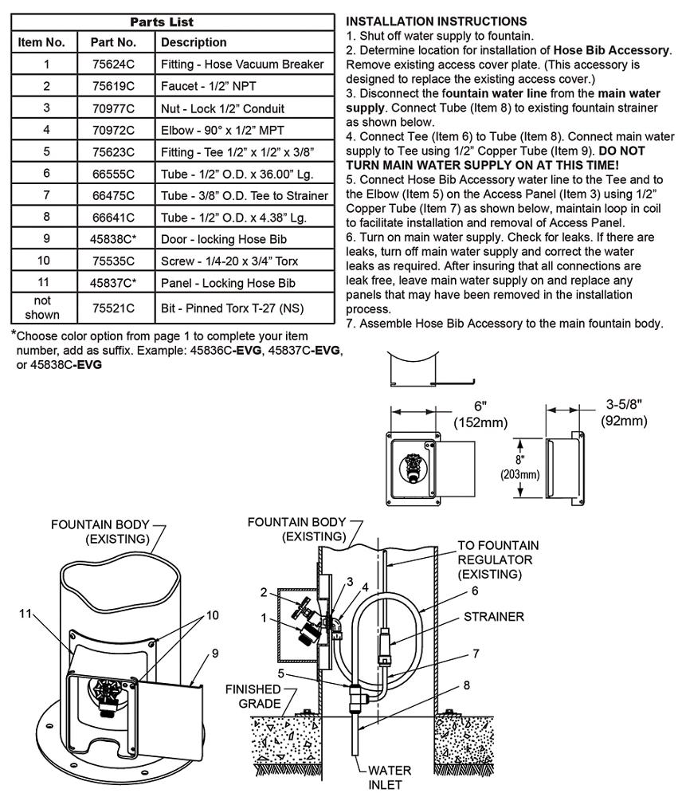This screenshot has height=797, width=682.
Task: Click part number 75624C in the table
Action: tap(113, 64)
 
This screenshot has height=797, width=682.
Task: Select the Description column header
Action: tap(194, 42)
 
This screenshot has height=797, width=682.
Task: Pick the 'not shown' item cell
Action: tap(42, 308)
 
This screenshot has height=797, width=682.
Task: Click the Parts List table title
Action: tap(162, 22)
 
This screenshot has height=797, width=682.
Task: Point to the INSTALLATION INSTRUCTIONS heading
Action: tap(437, 22)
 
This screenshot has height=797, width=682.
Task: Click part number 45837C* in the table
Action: tap(113, 283)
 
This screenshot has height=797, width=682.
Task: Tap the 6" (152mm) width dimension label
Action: tap(480, 414)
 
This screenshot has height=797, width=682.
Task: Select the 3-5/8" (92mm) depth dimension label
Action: tap(624, 412)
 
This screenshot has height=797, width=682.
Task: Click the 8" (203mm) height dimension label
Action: tap(520, 468)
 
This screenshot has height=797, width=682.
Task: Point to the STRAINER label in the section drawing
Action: tap(493, 617)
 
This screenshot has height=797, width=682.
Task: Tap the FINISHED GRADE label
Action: tap(253, 697)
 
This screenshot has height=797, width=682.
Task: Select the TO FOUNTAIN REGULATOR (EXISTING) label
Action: tap(498, 559)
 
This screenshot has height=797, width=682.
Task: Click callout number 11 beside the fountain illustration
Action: tap(25, 614)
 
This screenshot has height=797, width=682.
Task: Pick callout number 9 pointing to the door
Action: tap(215, 654)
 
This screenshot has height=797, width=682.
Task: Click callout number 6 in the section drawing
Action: tap(475, 591)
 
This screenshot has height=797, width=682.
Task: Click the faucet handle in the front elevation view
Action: tap(410, 465)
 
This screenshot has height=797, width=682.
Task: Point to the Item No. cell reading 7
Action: tap(47, 195)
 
